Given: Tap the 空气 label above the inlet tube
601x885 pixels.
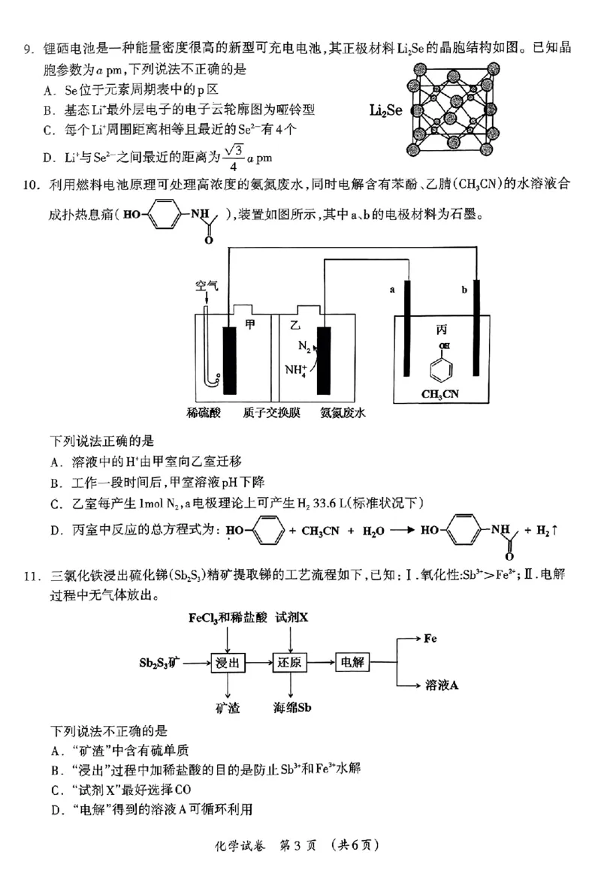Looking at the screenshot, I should pos(208,286).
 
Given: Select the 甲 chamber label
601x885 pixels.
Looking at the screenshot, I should pos(251,324).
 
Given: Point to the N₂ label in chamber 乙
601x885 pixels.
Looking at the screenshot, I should pos(304,348).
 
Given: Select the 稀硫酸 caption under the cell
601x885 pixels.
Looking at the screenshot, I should pos(204,414).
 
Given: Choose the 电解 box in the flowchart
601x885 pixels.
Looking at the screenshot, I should pos(352,664).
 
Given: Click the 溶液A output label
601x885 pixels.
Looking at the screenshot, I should pos(442,685).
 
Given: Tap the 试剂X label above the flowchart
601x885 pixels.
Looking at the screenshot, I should pos(292,618).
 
